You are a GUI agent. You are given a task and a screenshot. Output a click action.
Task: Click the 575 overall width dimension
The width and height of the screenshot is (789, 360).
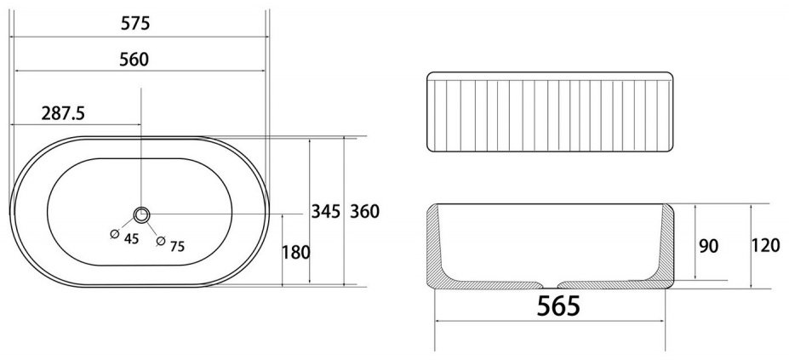135,23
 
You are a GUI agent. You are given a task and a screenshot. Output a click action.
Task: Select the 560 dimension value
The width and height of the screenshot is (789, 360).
134,60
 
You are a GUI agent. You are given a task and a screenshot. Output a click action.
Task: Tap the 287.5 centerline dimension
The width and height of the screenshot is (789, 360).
63,113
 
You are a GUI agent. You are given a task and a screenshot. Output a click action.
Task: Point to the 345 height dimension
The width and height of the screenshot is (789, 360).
326,211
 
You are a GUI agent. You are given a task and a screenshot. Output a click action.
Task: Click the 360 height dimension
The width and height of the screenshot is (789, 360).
364,211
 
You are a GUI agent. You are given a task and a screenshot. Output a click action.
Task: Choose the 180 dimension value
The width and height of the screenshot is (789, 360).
296,252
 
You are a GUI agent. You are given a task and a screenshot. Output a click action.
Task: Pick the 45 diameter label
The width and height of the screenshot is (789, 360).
131,238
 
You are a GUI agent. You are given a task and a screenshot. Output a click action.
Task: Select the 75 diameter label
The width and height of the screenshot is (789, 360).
177,246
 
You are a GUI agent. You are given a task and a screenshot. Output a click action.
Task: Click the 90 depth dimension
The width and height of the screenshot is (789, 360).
709,246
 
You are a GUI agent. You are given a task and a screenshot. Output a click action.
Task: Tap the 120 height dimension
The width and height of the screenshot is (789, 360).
765,246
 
